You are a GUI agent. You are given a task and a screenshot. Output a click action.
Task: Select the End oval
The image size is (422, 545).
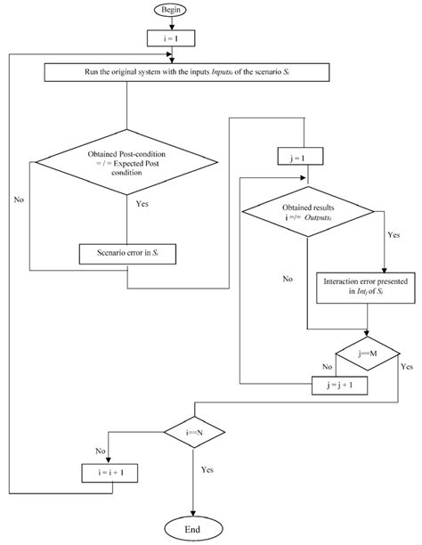[192, 527]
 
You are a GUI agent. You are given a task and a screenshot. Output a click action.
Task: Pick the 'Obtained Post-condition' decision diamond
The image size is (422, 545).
[128, 164]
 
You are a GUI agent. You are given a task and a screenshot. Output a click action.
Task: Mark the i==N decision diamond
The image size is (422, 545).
[193, 432]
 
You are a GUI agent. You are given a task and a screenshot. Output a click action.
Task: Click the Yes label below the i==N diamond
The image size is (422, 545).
[207, 468]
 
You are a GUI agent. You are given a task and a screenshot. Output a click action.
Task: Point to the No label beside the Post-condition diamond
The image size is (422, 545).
[19, 200]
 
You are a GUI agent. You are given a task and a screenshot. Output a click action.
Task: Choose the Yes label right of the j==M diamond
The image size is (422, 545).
[407, 366]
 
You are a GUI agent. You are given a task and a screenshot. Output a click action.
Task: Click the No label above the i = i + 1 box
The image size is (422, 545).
[101, 450]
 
